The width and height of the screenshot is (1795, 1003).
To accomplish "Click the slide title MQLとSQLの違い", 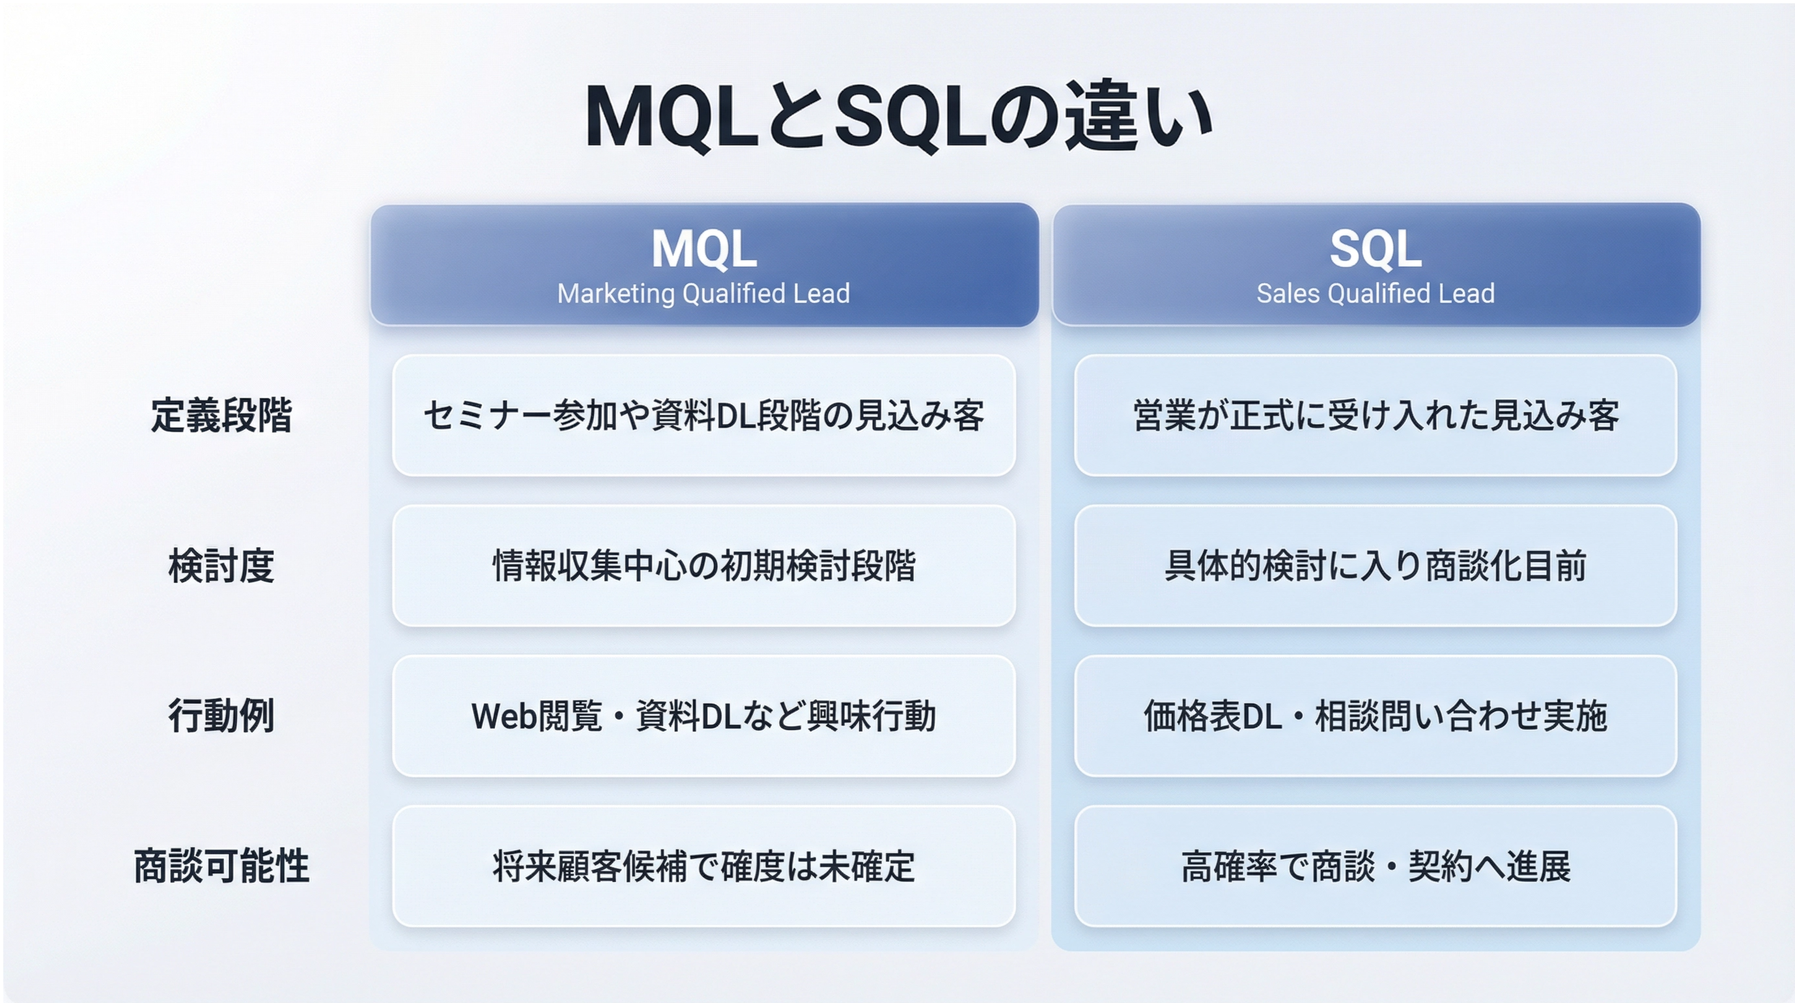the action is pos(899,117).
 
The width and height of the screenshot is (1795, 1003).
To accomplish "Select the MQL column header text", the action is pos(704,249).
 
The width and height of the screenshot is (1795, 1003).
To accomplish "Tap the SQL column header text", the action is pos(1376,249).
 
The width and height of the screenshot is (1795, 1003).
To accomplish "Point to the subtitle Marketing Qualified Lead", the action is pos(704,294).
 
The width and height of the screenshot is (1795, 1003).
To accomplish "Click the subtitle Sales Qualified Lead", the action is pos(1376,294).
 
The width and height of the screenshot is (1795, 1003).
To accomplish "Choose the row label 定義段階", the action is pos(221,416).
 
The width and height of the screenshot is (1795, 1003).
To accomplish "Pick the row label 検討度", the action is pos(221,565).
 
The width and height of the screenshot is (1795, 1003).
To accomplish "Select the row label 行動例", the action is pos(221,716).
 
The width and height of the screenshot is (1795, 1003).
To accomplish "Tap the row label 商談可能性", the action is pos(221,866).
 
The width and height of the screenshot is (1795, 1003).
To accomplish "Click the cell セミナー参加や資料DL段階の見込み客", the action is pos(704,416).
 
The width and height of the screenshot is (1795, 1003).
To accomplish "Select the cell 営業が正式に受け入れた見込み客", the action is pos(1376,416).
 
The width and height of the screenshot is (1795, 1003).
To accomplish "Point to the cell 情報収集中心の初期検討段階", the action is pos(704,565).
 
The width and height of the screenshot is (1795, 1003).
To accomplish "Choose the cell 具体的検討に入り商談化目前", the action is pos(1376,565).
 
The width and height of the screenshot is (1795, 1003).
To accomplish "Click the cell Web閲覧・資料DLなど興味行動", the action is pos(704,716).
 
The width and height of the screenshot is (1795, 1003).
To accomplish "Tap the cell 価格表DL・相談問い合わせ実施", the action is pos(1376,716).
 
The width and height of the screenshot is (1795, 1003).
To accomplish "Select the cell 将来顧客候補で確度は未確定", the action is pos(704,866).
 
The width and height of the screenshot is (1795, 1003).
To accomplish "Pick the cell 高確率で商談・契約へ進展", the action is pos(1376,866).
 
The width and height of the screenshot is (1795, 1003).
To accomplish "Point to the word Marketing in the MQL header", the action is pos(617,294).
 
